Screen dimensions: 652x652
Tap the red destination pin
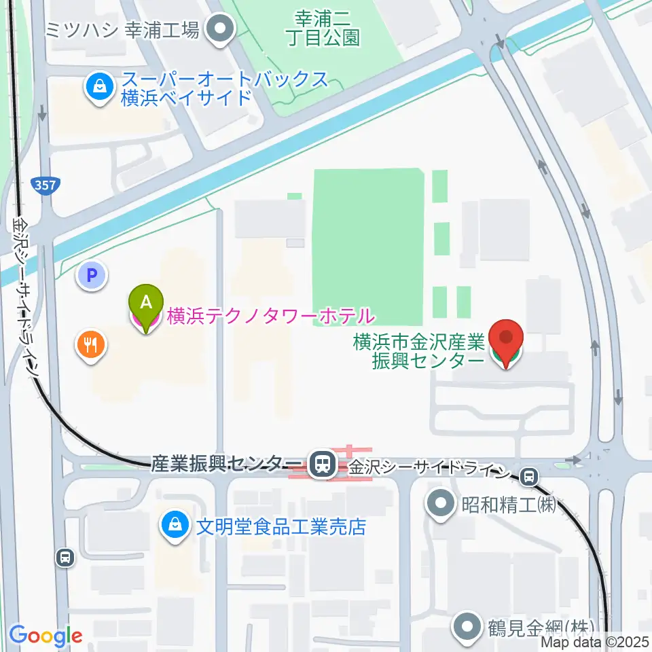[x=507, y=340]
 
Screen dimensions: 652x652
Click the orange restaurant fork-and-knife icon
[x=90, y=345]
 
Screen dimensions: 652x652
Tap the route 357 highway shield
[x=46, y=185]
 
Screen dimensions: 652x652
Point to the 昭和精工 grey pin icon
[x=442, y=505]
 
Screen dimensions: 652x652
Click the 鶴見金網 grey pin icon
[x=469, y=626]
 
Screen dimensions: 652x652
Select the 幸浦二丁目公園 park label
[x=327, y=27]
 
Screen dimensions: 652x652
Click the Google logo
[x=46, y=636]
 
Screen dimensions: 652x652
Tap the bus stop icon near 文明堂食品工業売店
[x=65, y=558]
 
